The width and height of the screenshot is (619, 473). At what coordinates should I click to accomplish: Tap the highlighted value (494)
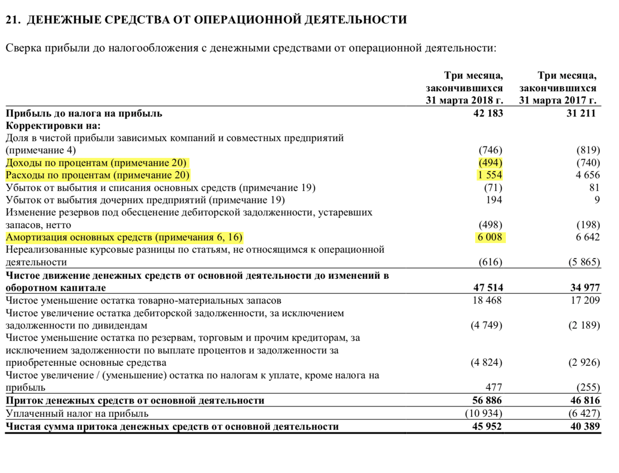pos(490,163)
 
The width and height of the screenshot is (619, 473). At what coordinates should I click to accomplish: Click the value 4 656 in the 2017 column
pos(586,175)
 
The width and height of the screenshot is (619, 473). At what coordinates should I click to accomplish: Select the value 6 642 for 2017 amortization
pos(586,238)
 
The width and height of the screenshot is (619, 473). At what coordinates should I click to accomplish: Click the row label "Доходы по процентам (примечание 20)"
pos(96,163)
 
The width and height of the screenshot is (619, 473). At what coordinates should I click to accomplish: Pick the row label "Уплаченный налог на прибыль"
pos(77,413)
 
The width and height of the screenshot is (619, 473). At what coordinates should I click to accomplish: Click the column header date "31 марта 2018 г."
pos(464,100)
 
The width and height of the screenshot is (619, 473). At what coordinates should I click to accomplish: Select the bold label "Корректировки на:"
pos(53,126)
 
